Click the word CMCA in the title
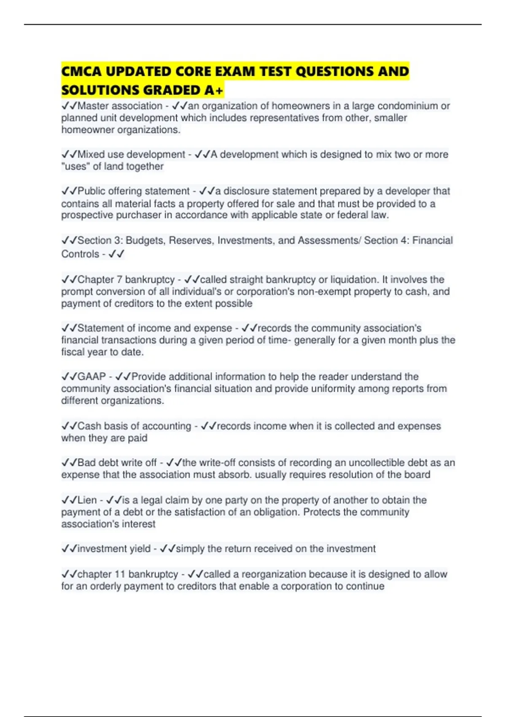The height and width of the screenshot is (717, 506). (x=81, y=71)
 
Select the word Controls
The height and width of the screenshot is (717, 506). (x=80, y=254)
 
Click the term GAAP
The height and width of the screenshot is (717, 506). (x=92, y=376)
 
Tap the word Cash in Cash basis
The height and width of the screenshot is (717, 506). (x=87, y=426)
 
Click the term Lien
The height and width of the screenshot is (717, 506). (x=87, y=500)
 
